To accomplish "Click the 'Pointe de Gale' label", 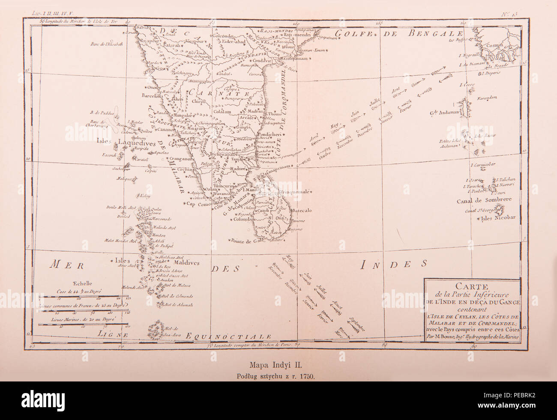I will (x=246, y=241).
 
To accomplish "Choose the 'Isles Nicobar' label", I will (x=500, y=217).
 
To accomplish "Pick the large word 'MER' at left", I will (x=64, y=265).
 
